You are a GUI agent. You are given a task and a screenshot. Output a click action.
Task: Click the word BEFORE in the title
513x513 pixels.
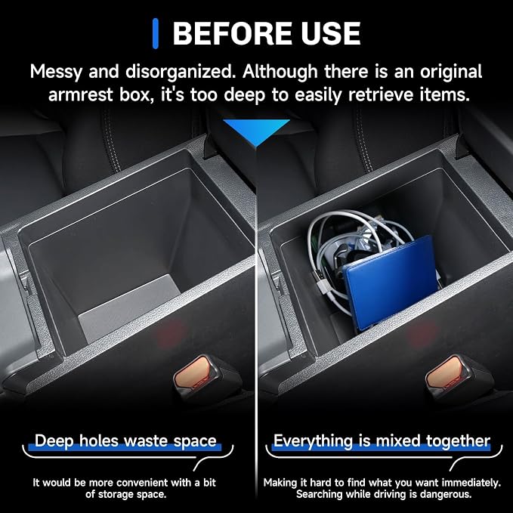[233, 33]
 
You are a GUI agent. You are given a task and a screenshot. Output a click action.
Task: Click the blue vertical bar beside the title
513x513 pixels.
[156, 33]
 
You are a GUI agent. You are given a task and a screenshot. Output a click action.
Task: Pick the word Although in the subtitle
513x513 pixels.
[280, 72]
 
